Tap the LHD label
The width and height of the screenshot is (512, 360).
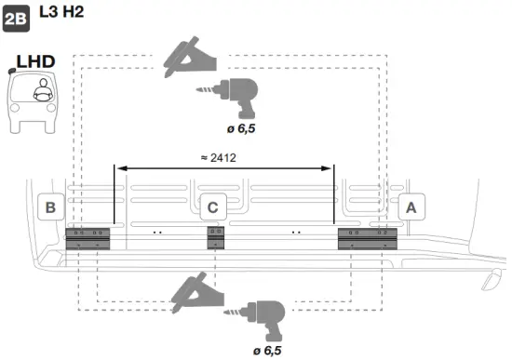pos(35,61)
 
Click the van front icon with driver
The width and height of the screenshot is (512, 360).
pos(36,100)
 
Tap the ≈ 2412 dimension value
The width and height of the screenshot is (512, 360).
pos(220,157)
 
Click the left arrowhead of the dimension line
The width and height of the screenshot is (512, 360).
pos(118,168)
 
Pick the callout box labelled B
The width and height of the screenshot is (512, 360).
pos(50,207)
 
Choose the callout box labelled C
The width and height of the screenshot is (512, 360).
pos(212,207)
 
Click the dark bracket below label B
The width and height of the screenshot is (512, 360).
pos(88,238)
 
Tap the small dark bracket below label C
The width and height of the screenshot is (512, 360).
pos(215,238)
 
